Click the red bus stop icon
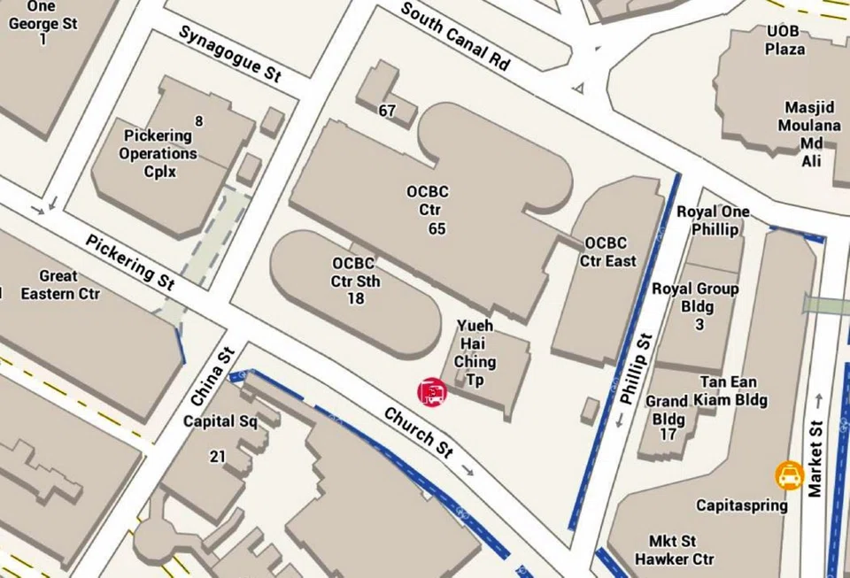pos(432,391)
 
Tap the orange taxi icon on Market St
pos(789,476)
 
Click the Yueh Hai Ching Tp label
pos(475,352)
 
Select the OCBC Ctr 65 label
pos(428,210)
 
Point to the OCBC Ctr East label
pos(608,251)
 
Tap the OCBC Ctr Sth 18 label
pos(355,281)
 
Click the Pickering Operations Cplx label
pos(158,152)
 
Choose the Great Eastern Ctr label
pos(59,284)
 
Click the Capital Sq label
pos(220,421)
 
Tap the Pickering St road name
pos(130,261)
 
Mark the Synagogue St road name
pos(229,53)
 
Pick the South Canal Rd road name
pos(455,36)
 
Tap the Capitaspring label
pos(741,505)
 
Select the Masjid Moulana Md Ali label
pos(809,134)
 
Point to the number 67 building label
pos(387,111)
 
